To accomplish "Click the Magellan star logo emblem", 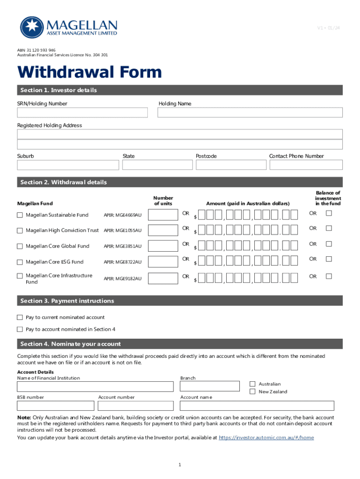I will pyautogui.click(x=31, y=28).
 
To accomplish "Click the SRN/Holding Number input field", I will pyautogui.click(x=82, y=113).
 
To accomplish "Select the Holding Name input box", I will pyautogui.click(x=250, y=113).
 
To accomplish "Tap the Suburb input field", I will pyautogui.click(x=68, y=165).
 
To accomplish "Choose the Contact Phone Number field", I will pyautogui.click(x=306, y=165).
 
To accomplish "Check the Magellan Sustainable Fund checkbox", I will pyautogui.click(x=20, y=215).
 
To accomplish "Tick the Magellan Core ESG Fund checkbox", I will pyautogui.click(x=20, y=262).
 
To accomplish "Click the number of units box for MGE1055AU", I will pyautogui.click(x=163, y=230).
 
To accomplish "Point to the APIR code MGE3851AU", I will pyautogui.click(x=122, y=247).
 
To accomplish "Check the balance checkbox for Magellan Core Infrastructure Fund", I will pyautogui.click(x=329, y=276).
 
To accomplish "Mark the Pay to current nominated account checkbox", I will pyautogui.click(x=20, y=318).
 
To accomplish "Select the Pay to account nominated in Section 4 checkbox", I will pyautogui.click(x=20, y=329).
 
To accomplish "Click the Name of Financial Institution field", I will pyautogui.click(x=95, y=386).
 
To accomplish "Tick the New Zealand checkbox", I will pyautogui.click(x=252, y=392).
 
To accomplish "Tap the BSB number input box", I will pyautogui.click(x=55, y=406).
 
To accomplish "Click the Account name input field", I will pyautogui.click(x=257, y=406).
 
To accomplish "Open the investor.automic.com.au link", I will pyautogui.click(x=266, y=438).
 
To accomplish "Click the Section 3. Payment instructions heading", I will pyautogui.click(x=67, y=301).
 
